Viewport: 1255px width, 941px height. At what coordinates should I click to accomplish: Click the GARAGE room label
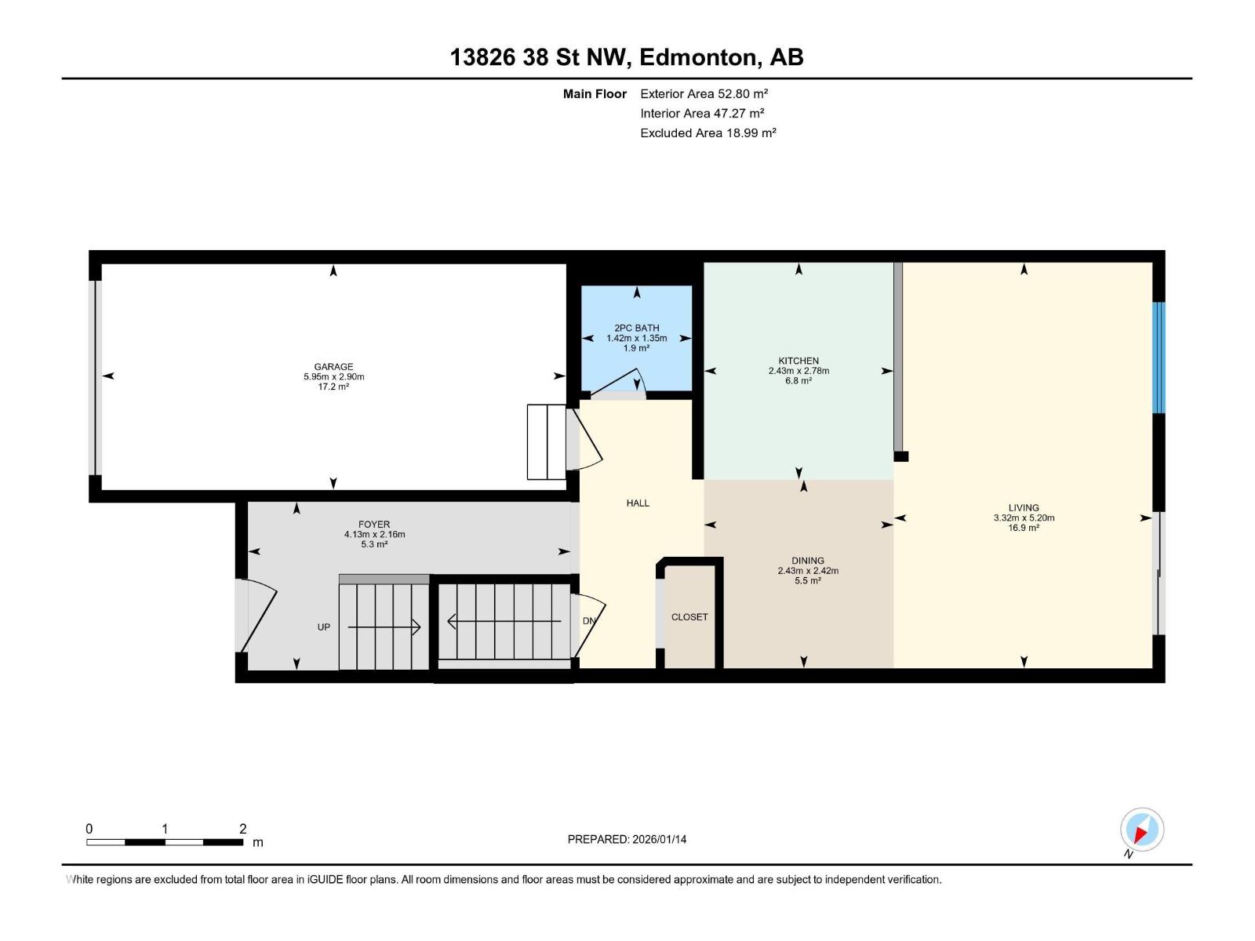click(x=333, y=366)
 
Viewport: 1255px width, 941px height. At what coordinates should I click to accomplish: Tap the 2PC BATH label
click(x=636, y=328)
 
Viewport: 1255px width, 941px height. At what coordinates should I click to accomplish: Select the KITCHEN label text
click(x=798, y=361)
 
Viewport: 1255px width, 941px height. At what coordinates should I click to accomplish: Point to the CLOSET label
click(x=689, y=617)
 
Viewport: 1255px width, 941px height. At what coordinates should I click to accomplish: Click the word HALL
click(x=638, y=503)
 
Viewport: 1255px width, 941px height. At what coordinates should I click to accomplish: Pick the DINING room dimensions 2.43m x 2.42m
click(x=808, y=571)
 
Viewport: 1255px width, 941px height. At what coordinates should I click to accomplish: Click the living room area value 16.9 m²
click(x=1024, y=528)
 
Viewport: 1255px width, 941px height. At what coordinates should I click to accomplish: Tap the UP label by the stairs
click(x=323, y=627)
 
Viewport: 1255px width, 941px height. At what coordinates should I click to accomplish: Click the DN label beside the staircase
click(x=589, y=621)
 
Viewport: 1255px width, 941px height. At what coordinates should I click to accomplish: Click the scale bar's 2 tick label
click(x=243, y=829)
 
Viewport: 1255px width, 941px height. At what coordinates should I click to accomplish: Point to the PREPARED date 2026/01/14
click(x=627, y=839)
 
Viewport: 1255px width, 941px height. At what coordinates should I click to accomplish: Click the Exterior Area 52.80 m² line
click(x=704, y=93)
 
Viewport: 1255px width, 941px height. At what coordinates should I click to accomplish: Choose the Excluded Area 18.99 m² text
click(x=708, y=133)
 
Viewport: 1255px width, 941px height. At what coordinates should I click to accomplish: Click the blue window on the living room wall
click(x=1158, y=358)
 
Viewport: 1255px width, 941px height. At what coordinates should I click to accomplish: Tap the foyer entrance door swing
click(x=259, y=614)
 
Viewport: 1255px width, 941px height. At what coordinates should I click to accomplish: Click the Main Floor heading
click(x=595, y=93)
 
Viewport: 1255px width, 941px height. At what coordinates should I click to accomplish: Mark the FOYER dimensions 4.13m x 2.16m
click(x=374, y=535)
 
